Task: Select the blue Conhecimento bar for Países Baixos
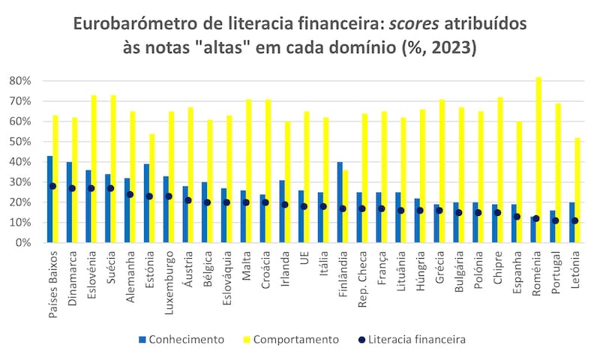tap(49, 199)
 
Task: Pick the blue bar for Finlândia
tap(340, 202)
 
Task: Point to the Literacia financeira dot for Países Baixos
tap(52, 186)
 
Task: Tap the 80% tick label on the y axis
tap(20, 80)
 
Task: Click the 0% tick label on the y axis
tap(23, 243)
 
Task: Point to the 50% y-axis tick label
tap(20, 141)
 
